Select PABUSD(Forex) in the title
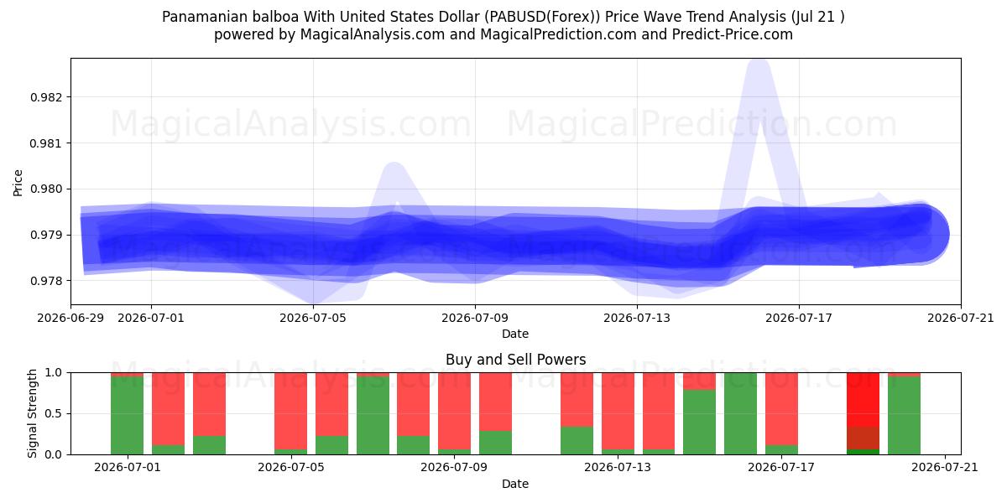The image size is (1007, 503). [542, 17]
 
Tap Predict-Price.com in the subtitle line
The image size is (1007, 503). [733, 34]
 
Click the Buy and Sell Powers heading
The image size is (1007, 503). [515, 360]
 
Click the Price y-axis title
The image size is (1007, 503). [18, 183]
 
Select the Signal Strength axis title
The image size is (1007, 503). [32, 413]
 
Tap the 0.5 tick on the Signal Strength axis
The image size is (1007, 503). [53, 413]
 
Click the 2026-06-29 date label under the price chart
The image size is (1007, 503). [70, 318]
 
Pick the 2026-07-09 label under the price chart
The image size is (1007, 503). [475, 318]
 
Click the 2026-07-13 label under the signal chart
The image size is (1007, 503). [618, 468]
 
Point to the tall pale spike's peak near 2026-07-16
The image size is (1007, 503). [759, 63]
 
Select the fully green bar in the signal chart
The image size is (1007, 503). [740, 413]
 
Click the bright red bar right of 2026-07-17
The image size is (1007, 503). [863, 400]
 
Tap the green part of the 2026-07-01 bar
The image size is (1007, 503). [128, 416]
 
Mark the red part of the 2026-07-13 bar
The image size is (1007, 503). [618, 411]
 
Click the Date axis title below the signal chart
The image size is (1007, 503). [515, 484]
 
